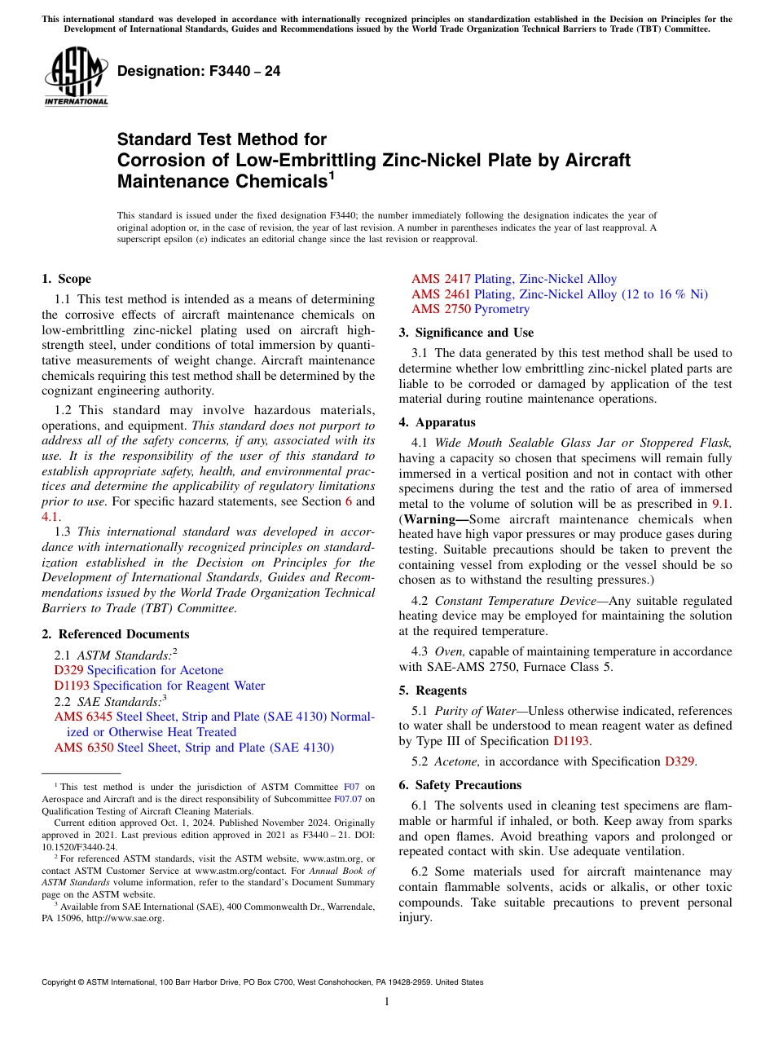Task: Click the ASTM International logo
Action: pos(75,77)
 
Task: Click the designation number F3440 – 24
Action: pos(199,71)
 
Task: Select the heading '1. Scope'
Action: pos(66,279)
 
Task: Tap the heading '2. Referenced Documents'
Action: pos(115,634)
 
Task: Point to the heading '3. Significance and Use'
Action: pos(466,333)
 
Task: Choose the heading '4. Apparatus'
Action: pos(437,422)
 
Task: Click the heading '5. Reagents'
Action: pos(433,691)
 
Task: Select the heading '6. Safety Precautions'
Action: pos(460,785)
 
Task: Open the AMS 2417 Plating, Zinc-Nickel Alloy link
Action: pos(513,279)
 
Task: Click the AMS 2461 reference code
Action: pos(441,294)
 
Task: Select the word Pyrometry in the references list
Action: pos(502,309)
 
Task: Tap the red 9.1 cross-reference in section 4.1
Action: pos(721,504)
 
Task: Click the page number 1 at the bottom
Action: pos(387,1002)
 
